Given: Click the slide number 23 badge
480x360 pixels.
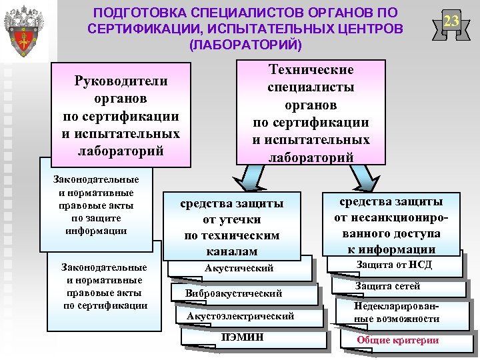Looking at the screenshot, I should [451, 22].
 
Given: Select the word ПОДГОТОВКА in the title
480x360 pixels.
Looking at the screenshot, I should [139, 13].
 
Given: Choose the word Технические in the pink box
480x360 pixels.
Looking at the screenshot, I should [311, 70].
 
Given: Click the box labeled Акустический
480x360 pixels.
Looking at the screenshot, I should [239, 268].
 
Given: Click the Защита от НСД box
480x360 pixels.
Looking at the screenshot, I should [393, 265].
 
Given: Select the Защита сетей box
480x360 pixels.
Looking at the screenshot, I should [397, 287].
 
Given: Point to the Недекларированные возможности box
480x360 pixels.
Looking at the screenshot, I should [397, 313].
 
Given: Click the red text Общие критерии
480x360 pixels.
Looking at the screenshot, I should [397, 340].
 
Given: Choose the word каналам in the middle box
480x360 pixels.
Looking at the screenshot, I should [231, 251].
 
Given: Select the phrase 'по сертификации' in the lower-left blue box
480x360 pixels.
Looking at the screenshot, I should [105, 305].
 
